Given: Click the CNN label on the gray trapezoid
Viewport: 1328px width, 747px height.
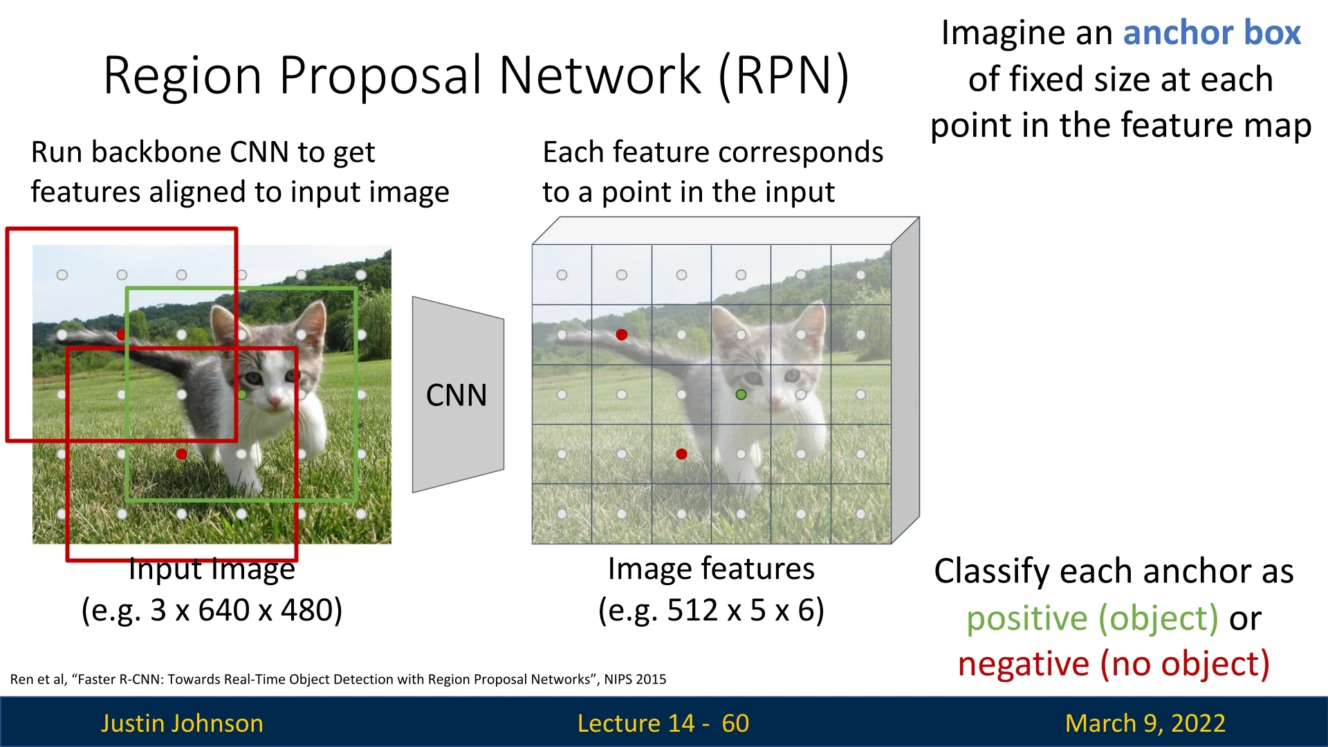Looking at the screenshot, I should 456,396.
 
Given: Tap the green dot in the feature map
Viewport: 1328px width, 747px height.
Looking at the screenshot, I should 741,394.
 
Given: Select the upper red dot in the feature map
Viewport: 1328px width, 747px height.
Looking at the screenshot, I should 622,335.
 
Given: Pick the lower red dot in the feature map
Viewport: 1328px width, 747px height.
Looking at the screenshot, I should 681,454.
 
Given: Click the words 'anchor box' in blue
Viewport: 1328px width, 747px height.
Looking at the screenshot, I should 1211,33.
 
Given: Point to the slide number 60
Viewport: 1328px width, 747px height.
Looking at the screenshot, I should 735,723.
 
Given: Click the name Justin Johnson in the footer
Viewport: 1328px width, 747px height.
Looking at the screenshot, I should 182,723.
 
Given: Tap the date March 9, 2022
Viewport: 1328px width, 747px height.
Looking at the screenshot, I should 1145,723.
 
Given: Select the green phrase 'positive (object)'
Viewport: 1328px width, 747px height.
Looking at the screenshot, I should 1092,618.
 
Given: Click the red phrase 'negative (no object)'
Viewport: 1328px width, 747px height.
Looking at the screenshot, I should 1114,664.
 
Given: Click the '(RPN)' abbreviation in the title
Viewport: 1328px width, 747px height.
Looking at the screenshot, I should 784,75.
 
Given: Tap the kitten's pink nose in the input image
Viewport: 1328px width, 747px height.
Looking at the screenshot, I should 275,400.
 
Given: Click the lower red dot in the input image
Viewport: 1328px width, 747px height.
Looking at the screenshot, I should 181,454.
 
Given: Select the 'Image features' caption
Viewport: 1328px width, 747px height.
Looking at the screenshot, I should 711,569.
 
